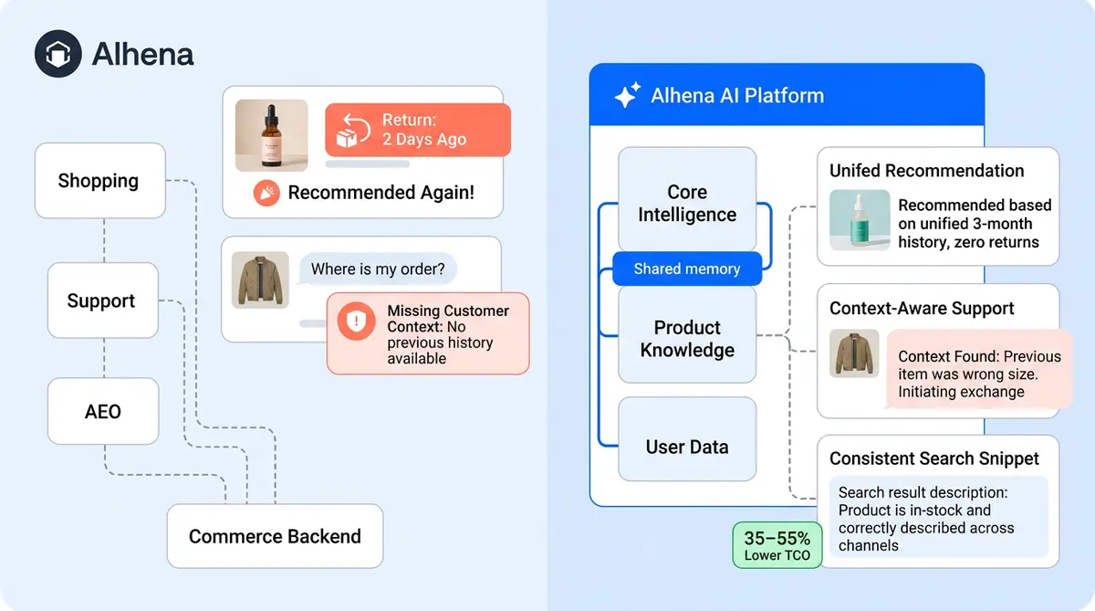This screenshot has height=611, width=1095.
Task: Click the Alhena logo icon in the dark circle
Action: (x=58, y=54)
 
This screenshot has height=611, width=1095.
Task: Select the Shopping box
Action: (x=99, y=180)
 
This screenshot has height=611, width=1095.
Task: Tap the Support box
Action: (x=102, y=300)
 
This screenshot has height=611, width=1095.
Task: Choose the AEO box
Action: (x=102, y=412)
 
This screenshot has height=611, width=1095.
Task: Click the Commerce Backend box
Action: (x=275, y=536)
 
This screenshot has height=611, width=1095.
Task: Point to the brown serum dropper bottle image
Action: (x=271, y=135)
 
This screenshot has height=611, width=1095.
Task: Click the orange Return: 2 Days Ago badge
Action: (x=417, y=130)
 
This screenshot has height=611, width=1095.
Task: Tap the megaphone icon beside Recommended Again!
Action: (x=266, y=193)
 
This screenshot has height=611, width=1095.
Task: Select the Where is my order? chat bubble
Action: (x=378, y=269)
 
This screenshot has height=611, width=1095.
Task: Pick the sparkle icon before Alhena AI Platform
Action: (x=626, y=96)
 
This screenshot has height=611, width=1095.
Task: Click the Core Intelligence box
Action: (x=687, y=203)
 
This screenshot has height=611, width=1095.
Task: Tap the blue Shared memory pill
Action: (x=686, y=269)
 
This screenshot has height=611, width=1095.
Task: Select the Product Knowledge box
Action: (x=687, y=338)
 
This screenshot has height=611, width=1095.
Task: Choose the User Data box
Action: (x=687, y=447)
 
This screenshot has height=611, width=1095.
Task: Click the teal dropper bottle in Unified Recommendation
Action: (x=860, y=220)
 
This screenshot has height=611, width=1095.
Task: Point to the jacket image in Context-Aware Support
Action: (x=854, y=353)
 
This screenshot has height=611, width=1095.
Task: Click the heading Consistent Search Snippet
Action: (x=933, y=458)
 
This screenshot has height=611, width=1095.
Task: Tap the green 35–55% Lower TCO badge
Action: (x=777, y=545)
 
